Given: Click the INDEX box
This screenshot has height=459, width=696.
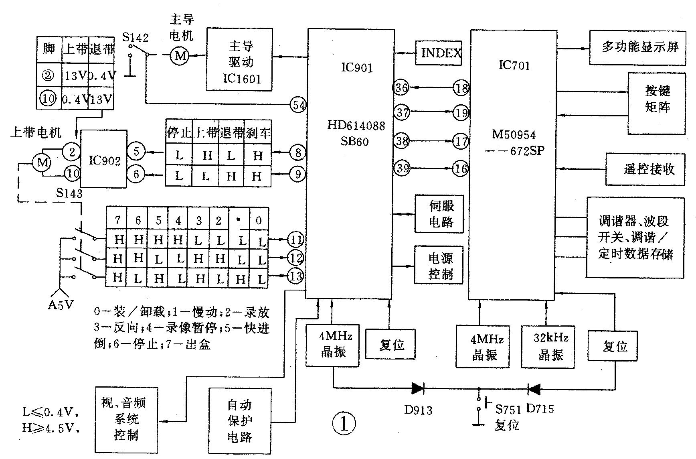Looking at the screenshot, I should [x=439, y=53].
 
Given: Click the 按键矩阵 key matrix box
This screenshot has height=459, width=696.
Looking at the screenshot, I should [x=656, y=104].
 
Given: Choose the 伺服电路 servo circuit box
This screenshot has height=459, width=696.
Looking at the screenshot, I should [x=439, y=214].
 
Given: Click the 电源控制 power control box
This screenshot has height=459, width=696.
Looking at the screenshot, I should [x=439, y=265].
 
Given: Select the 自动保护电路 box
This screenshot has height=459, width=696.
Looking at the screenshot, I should [x=239, y=420].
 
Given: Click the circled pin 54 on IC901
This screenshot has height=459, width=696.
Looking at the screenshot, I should [x=298, y=106].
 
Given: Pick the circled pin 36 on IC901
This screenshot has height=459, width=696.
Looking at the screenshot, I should [x=401, y=88].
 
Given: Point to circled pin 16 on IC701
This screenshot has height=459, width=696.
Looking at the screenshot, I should [x=461, y=168].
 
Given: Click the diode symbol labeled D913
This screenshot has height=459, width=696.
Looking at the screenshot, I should [x=418, y=388].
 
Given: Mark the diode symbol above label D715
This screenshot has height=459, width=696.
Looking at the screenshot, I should [x=534, y=388].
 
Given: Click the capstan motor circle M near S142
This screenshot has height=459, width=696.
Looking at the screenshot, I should [x=180, y=56].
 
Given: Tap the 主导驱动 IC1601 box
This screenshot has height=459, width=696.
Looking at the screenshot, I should [x=239, y=60].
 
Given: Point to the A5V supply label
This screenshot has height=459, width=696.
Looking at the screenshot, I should [x=61, y=305].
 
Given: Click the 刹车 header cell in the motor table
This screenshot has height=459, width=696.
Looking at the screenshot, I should [x=257, y=132].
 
